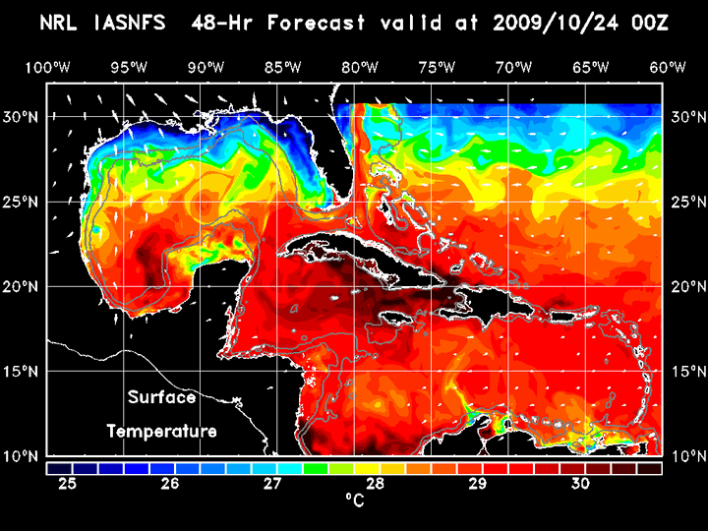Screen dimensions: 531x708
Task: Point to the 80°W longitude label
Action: pyautogui.click(x=361, y=67)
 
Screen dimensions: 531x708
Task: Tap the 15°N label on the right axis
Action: pyautogui.click(x=685, y=372)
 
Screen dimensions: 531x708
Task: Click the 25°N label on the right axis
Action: pyautogui.click(x=685, y=202)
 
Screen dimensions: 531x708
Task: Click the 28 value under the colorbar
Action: pyautogui.click(x=376, y=484)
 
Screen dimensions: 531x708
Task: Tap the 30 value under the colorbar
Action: pyautogui.click(x=580, y=484)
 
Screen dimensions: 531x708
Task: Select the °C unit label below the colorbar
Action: pyautogui.click(x=354, y=501)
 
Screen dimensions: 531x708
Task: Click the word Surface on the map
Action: pyautogui.click(x=161, y=398)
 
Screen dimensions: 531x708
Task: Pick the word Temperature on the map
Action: pyautogui.click(x=161, y=432)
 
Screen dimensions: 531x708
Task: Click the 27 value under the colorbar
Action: pyautogui.click(x=273, y=484)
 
